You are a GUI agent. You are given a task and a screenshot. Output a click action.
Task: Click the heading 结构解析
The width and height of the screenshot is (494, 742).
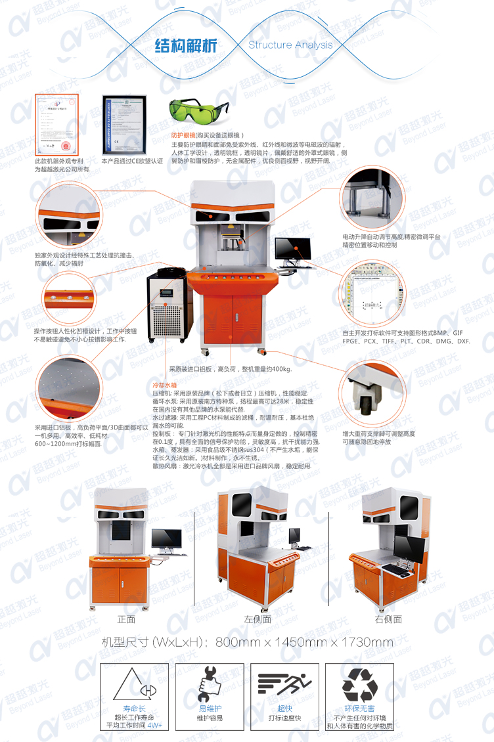(185, 46)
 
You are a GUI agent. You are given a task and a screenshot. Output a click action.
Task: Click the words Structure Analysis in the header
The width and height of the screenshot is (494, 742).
(290, 45)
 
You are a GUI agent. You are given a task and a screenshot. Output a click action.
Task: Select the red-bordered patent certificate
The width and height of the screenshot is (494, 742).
(56, 124)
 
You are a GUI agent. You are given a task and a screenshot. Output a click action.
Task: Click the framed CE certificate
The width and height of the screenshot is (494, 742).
(123, 124)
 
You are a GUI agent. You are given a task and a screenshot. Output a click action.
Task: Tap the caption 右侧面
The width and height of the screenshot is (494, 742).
(388, 619)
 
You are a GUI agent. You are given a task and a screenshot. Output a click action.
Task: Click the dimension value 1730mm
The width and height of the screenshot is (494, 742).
(366, 642)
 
